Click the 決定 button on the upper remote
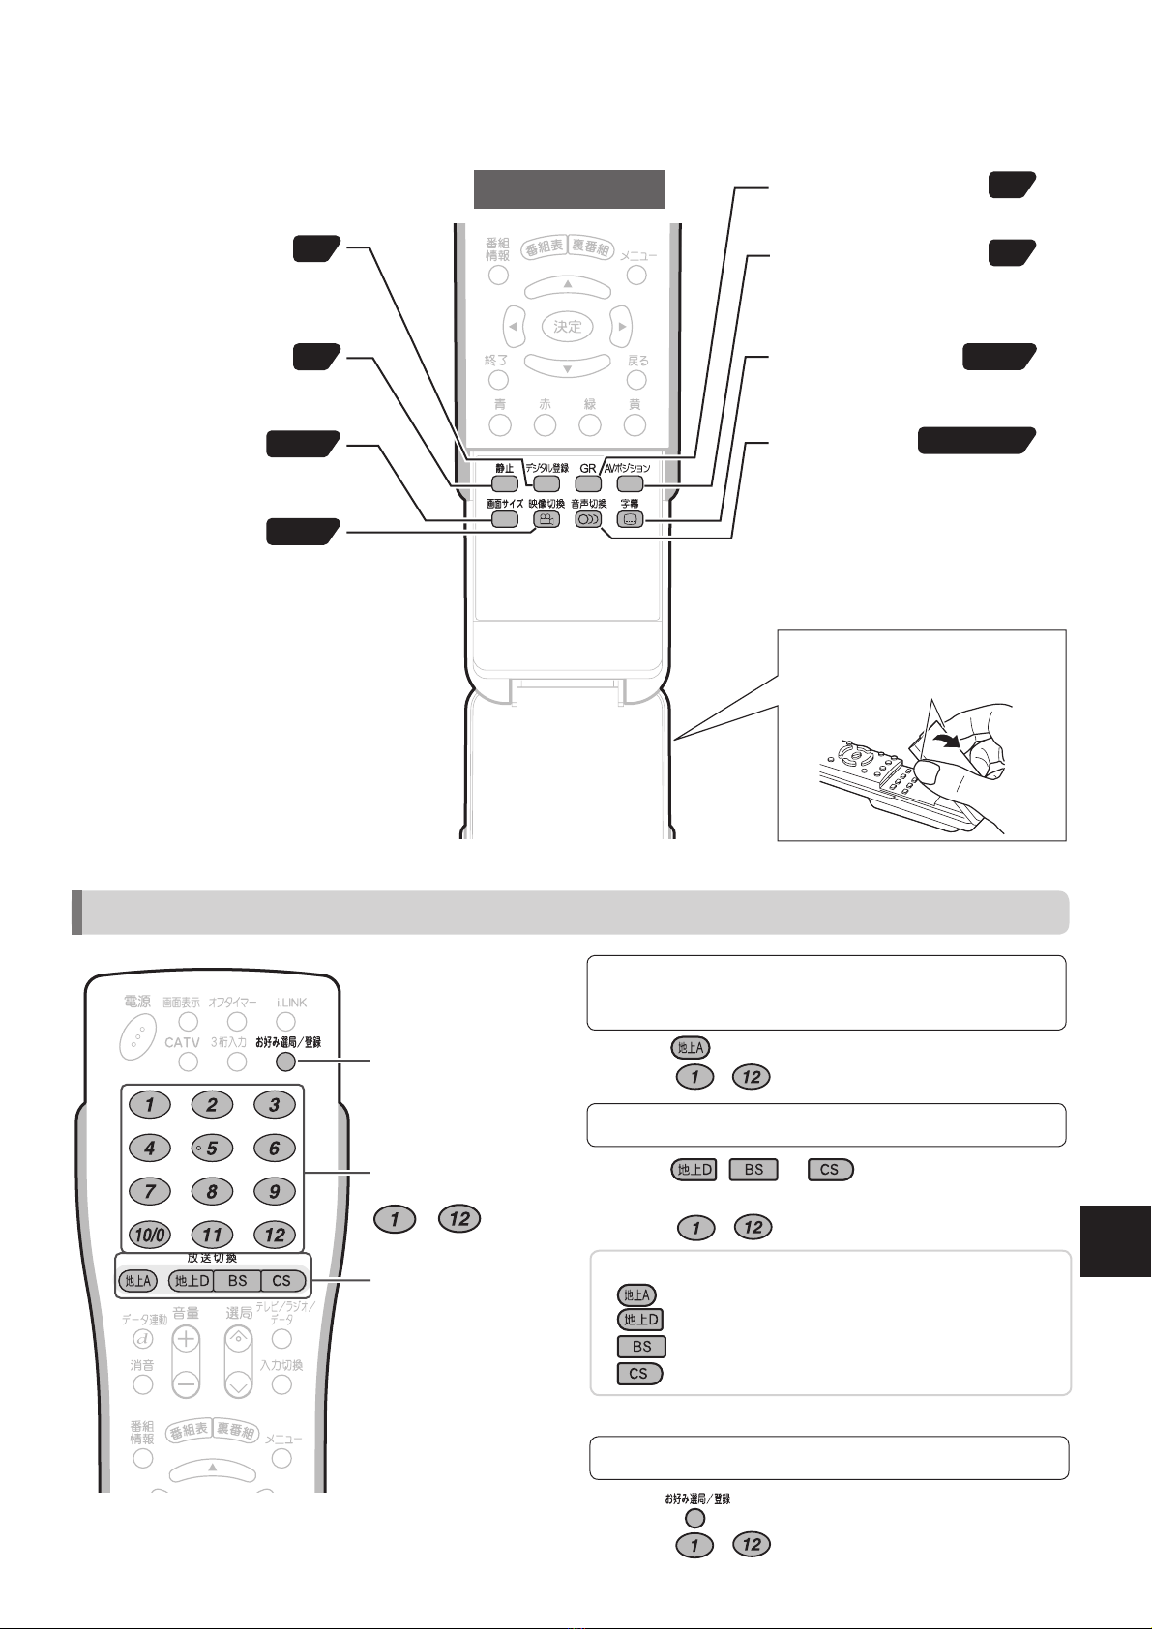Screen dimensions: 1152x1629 point(568,327)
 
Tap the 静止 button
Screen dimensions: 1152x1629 point(504,483)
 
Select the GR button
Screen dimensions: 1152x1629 point(587,483)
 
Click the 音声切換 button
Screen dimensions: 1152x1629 point(588,519)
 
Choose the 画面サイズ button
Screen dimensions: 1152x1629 point(504,519)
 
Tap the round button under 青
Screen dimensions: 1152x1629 point(500,423)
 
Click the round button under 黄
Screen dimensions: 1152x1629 point(635,423)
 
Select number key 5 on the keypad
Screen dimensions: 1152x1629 point(212,1149)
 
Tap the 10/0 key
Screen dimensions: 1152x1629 point(149,1235)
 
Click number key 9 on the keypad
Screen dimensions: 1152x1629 point(275,1191)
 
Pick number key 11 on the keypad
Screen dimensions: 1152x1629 point(212,1235)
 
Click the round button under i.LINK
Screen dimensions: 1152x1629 point(285,1021)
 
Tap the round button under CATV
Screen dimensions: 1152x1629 point(190,1062)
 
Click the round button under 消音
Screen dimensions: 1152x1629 point(143,1383)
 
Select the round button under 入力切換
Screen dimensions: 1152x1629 point(281,1383)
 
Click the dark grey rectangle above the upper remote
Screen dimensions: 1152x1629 point(569,189)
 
